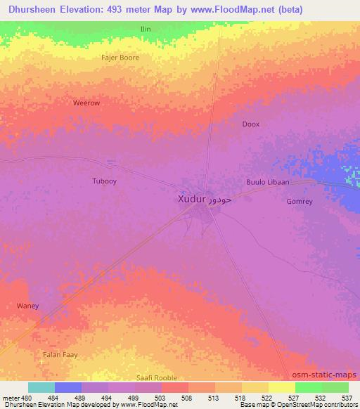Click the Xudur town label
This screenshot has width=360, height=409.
click(x=191, y=199)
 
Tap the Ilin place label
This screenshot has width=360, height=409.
click(x=146, y=29)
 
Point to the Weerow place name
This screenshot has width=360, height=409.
click(x=86, y=103)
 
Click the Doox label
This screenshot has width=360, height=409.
click(x=250, y=124)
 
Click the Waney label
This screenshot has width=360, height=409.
click(x=27, y=306)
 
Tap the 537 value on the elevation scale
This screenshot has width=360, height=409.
click(x=347, y=398)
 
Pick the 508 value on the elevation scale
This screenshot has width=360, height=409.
click(x=186, y=398)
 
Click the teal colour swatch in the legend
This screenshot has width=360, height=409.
click(x=41, y=387)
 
